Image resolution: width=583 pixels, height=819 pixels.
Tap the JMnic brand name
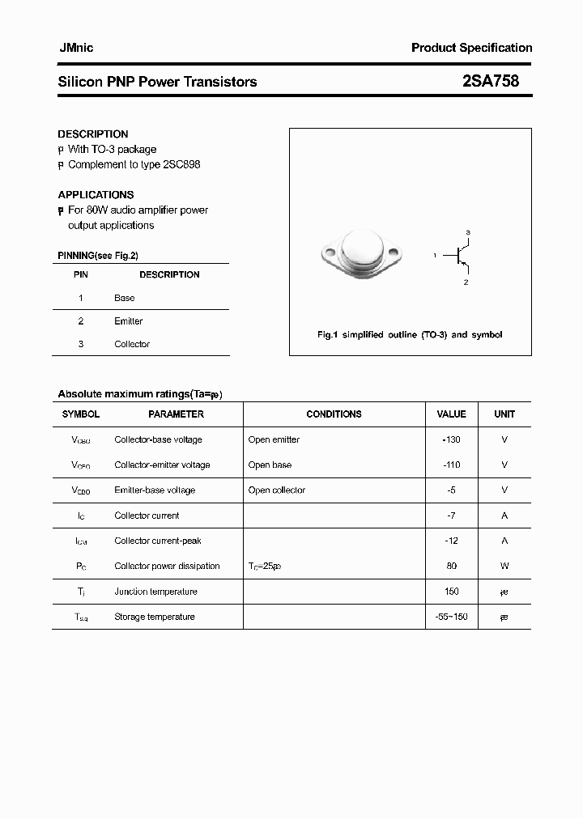pos(76,48)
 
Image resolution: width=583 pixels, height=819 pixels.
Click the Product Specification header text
pos(471,48)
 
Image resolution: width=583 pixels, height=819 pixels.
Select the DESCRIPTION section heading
pos(93,134)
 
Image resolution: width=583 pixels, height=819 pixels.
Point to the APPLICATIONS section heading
pos(96,194)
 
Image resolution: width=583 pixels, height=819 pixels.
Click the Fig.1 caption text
pos(409,334)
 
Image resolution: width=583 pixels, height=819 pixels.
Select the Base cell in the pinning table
pos(125,298)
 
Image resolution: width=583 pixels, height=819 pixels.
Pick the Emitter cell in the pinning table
pos(129,321)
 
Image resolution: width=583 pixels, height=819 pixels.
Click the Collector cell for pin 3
pos(132,344)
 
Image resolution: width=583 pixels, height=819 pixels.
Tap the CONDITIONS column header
pos(334,414)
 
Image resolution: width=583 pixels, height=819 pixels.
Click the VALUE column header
pos(451,414)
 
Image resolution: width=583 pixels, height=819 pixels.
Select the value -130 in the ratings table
pos(452,439)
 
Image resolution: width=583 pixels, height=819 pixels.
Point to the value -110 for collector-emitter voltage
pos(452,465)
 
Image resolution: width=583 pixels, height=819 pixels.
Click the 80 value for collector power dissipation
pos(452,566)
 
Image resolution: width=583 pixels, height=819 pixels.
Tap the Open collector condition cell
pos(278,490)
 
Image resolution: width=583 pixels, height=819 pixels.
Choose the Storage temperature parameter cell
pos(155,617)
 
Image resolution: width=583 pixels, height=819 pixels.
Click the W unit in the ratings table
pos(504,566)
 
